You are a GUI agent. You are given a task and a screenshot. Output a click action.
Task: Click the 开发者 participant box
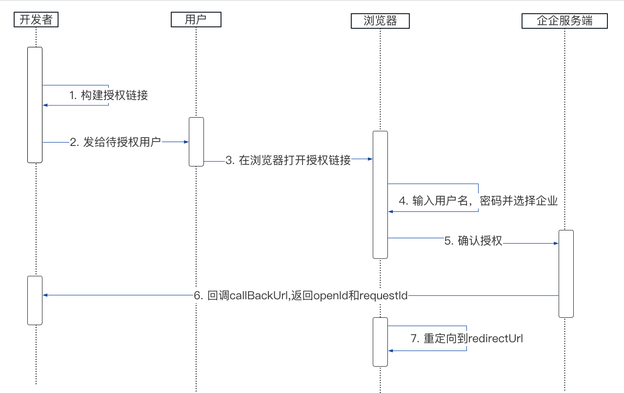tap(36, 20)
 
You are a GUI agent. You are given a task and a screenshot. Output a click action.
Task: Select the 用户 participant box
tap(196, 20)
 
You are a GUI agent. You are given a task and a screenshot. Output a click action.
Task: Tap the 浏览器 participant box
tap(380, 21)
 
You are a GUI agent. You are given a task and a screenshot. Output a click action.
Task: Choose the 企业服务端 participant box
tap(564, 21)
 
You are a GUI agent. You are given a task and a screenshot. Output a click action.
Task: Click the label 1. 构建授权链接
tap(108, 95)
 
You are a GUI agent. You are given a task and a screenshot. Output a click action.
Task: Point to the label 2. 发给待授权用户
tap(115, 142)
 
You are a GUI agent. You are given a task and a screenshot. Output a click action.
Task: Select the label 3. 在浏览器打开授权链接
tap(288, 160)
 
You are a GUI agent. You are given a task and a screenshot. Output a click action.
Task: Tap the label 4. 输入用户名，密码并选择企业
tap(478, 201)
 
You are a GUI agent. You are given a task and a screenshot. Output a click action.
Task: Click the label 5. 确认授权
tap(473, 241)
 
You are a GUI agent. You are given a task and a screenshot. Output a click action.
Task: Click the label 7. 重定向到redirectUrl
tap(467, 338)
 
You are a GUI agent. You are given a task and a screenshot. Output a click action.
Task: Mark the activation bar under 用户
tap(196, 142)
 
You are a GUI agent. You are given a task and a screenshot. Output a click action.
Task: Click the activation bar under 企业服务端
tap(566, 273)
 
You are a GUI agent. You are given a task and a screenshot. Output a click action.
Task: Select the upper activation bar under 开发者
tap(35, 104)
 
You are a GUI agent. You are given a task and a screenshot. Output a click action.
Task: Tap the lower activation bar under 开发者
tap(35, 300)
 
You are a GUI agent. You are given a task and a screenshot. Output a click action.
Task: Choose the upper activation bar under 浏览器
tap(380, 194)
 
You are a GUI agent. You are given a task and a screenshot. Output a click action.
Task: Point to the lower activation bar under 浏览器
tap(380, 341)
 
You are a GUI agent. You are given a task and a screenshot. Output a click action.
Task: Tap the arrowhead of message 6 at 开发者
tap(45, 295)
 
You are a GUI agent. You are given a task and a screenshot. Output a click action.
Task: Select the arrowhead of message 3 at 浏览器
tap(370, 159)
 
